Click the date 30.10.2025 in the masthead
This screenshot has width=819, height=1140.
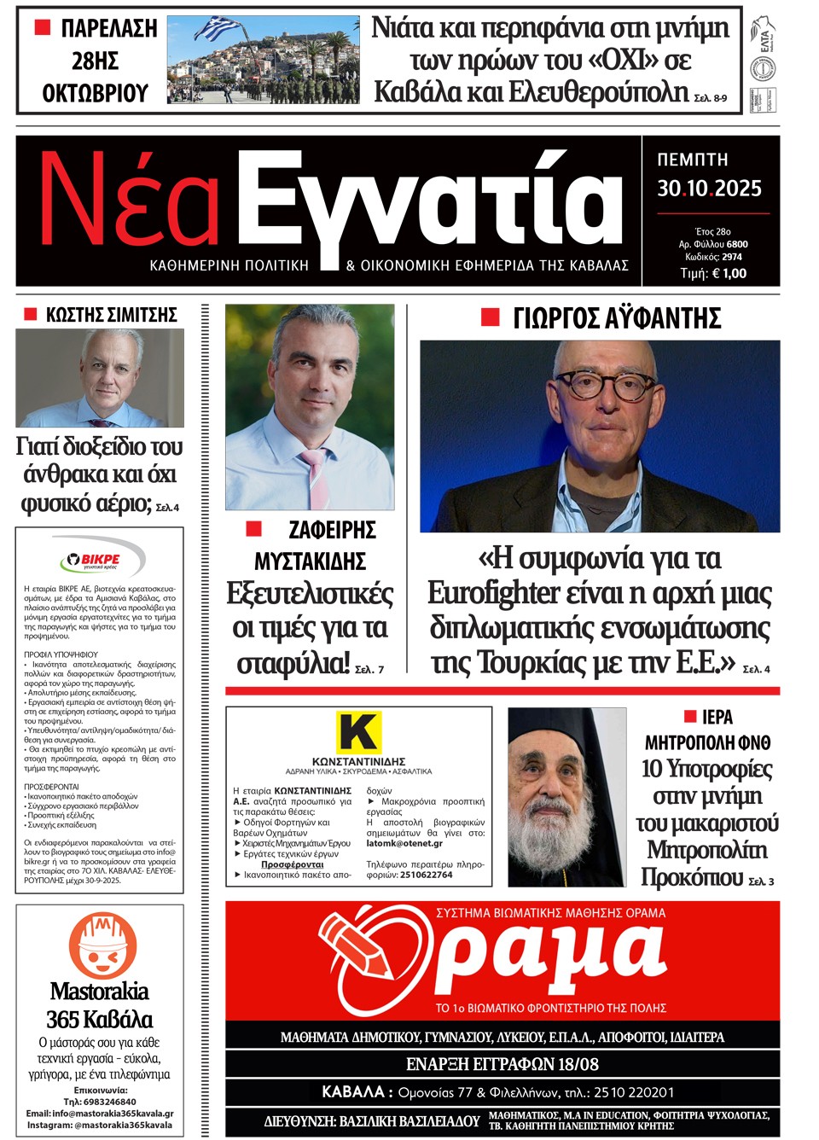click(x=709, y=189)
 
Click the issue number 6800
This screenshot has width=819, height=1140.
click(x=737, y=244)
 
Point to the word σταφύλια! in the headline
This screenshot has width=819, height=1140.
click(x=293, y=662)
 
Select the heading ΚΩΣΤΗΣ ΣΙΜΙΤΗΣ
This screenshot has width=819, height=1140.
click(x=111, y=315)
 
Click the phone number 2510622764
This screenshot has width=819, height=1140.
click(x=426, y=875)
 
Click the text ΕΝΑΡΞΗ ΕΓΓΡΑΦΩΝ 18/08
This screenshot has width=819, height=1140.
click(x=502, y=1064)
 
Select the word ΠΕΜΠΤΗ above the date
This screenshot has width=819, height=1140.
click(x=693, y=160)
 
